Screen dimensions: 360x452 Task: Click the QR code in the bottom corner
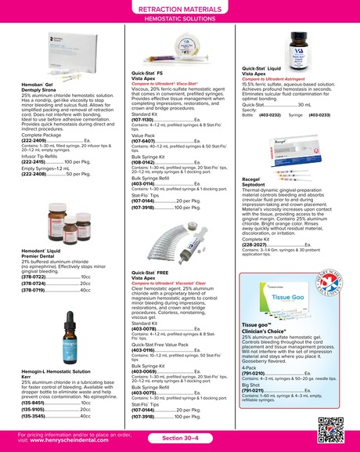[x=334, y=431]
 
